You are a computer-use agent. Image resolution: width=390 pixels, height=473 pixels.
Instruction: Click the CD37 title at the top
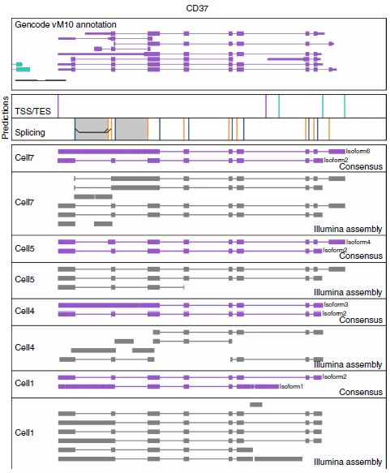(197, 8)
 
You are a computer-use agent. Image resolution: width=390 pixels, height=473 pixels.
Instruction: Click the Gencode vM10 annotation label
(66, 24)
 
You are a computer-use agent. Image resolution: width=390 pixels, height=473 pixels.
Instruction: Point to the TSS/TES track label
(33, 111)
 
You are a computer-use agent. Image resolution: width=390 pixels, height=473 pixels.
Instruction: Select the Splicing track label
(30, 132)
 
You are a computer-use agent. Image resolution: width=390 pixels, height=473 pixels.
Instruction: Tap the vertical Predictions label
(5, 118)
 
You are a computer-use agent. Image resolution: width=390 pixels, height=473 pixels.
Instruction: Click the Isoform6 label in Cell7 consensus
(358, 151)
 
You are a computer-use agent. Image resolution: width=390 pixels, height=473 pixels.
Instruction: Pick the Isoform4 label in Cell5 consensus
(358, 242)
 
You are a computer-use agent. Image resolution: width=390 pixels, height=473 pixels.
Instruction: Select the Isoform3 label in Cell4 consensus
(336, 305)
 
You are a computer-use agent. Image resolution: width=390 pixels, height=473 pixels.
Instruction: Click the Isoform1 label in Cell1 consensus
(291, 386)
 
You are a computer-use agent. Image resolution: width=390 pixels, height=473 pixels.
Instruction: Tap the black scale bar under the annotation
(41, 80)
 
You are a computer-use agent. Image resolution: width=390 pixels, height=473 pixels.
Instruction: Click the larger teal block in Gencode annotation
(23, 70)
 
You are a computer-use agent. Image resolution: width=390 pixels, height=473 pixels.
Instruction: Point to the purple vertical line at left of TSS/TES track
(58, 106)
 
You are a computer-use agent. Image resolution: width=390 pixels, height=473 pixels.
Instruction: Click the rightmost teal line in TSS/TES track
(345, 106)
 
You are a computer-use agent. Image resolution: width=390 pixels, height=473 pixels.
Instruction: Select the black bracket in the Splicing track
(92, 131)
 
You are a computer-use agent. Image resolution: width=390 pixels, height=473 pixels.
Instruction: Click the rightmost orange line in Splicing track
(329, 129)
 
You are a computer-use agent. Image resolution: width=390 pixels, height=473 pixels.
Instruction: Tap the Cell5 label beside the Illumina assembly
(24, 279)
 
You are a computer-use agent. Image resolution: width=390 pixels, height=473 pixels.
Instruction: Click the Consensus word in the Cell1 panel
(361, 392)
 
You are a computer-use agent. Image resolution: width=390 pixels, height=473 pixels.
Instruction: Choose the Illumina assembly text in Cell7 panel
(348, 229)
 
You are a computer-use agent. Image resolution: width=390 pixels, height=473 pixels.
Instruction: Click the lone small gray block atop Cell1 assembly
(256, 405)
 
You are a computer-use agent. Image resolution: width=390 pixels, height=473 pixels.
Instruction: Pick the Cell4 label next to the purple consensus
(24, 311)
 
